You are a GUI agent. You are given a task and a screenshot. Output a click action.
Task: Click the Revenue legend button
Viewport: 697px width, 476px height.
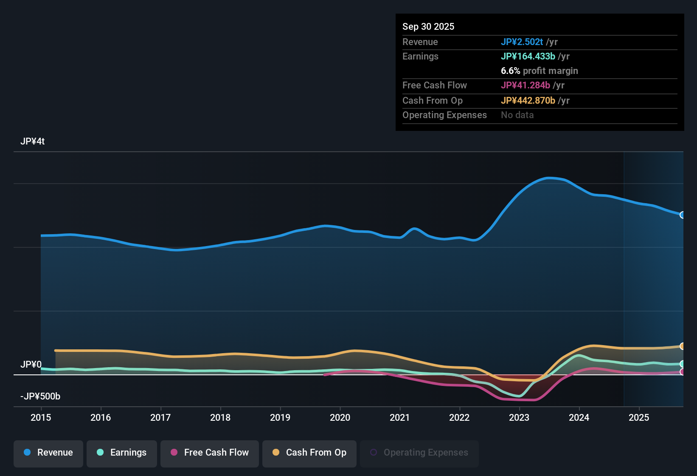click(48, 453)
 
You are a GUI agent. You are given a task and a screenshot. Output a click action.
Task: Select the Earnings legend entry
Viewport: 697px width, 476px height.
click(122, 453)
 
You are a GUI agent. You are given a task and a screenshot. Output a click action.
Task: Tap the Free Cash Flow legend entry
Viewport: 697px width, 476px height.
click(210, 453)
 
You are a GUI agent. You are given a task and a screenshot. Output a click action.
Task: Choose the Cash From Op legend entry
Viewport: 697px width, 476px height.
click(309, 453)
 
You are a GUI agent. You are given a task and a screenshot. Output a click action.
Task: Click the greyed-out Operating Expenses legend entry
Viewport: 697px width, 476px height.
click(419, 453)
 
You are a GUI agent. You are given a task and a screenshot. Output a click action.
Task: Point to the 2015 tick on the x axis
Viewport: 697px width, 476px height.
click(41, 417)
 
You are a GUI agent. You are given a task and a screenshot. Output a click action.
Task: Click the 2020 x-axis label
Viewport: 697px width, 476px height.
click(340, 417)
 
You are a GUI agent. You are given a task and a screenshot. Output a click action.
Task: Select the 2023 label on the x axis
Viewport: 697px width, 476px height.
click(519, 417)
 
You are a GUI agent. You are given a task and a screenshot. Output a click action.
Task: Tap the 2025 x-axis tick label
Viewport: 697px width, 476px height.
click(639, 417)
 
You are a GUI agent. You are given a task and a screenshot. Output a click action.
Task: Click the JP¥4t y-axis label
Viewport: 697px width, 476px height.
click(33, 142)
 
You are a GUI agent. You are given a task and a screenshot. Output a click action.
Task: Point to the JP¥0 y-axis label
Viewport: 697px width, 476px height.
click(31, 365)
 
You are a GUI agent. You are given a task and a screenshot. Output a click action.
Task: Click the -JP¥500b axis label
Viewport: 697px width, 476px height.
click(40, 397)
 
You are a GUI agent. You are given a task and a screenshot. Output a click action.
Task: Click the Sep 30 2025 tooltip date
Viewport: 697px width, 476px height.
click(428, 27)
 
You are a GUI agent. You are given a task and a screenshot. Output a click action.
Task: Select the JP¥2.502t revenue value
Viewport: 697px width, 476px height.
click(522, 42)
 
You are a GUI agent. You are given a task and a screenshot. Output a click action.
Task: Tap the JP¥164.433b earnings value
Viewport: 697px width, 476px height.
click(528, 57)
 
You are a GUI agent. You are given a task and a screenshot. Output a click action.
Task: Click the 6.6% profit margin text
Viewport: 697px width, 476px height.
click(539, 71)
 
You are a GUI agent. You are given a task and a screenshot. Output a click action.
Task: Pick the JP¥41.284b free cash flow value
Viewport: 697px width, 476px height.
click(525, 85)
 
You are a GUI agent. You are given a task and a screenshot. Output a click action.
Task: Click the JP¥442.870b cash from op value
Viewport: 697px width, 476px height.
click(528, 101)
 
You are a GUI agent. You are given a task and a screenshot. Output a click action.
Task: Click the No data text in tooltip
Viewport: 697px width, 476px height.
click(517, 115)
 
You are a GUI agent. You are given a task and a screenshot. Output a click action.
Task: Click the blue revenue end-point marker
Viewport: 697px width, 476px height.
click(682, 215)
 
